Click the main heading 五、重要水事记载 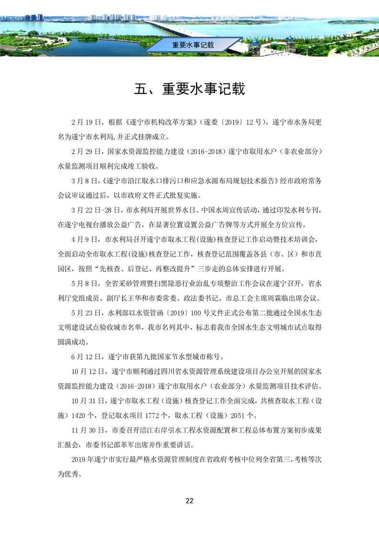[189, 89]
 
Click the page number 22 [189, 501]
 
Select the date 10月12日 [86, 371]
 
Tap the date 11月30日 [86, 430]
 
